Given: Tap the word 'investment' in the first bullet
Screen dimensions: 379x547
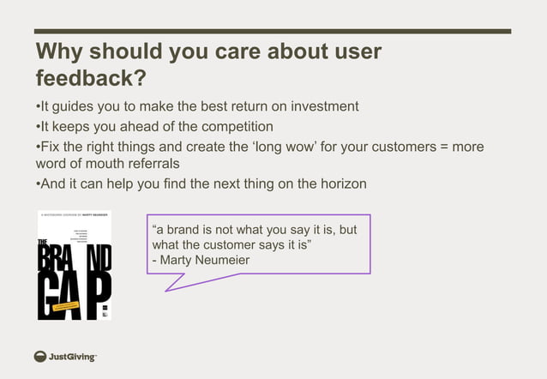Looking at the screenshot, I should coord(325,107).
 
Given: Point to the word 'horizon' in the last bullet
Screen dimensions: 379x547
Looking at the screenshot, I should coord(342,183).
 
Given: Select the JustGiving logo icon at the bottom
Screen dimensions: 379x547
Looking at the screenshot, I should coord(40,357).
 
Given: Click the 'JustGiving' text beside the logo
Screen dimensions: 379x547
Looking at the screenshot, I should coord(73,357).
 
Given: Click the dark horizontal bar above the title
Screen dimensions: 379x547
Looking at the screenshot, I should coord(273,31).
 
